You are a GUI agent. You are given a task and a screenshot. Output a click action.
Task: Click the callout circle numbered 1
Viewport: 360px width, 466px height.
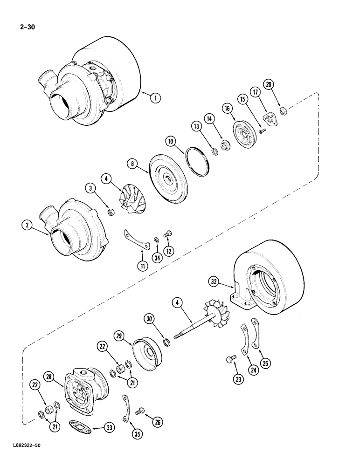[x=155, y=98]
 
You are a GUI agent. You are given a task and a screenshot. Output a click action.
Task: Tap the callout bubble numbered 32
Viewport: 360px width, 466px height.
[x=214, y=282]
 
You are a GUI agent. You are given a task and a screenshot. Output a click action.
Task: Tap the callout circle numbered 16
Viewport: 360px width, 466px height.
[x=228, y=109]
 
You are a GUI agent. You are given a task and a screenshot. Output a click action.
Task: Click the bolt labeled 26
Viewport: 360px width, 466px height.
[x=139, y=411]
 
